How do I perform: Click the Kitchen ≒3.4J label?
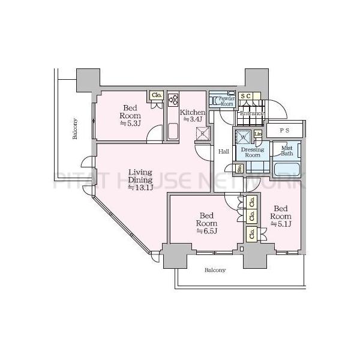pos(193,115)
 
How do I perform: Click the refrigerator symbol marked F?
pos(203,133)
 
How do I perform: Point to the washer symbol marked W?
pos(244,137)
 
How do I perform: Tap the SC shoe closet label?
pos(246,96)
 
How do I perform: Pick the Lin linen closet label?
pos(258,134)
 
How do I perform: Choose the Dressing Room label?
pos(253,151)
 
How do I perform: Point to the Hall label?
pos(223,151)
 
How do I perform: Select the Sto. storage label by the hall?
pos(240,168)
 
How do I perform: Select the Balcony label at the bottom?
pos(215,270)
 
